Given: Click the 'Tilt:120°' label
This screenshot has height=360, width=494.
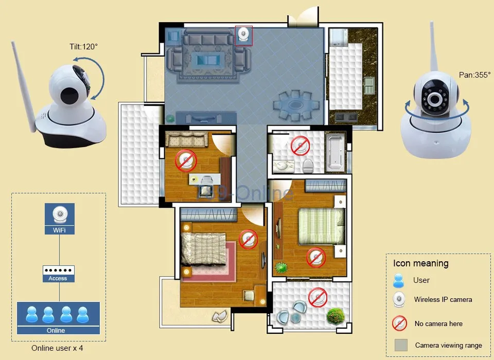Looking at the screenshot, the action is pyautogui.click(x=83, y=47).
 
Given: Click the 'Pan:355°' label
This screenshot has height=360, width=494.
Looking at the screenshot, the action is pyautogui.click(x=474, y=75).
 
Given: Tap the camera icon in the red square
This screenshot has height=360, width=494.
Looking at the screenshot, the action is pyautogui.click(x=244, y=35).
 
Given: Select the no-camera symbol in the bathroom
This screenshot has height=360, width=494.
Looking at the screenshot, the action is pyautogui.click(x=300, y=146).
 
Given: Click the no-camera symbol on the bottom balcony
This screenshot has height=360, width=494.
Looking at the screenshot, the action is pyautogui.click(x=317, y=297).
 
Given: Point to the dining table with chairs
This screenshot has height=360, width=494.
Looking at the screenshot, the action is pyautogui.click(x=295, y=105).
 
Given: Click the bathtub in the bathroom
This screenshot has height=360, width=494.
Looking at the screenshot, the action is pyautogui.click(x=335, y=153).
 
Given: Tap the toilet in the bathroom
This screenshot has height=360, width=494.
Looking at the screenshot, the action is pyautogui.click(x=308, y=166).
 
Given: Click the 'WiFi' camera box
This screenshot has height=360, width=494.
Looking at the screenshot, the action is pyautogui.click(x=60, y=219).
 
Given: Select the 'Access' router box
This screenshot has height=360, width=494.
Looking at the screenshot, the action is pyautogui.click(x=59, y=274).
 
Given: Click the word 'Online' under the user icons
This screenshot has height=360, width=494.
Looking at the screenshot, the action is pyautogui.click(x=56, y=330).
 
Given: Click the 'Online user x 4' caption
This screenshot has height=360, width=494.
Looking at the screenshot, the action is pyautogui.click(x=57, y=348).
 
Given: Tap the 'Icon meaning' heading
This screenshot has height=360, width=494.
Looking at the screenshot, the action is pyautogui.click(x=420, y=263).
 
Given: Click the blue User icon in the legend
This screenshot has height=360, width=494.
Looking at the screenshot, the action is pyautogui.click(x=398, y=281).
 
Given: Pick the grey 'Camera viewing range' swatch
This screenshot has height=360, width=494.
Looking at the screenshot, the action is pyautogui.click(x=401, y=345).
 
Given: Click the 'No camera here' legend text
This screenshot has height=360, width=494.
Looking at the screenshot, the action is pyautogui.click(x=438, y=323).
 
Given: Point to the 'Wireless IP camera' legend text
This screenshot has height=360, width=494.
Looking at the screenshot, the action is pyautogui.click(x=443, y=299).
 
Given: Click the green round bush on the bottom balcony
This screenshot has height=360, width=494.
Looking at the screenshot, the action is pyautogui.click(x=335, y=316).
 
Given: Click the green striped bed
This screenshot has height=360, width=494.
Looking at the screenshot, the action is pyautogui.click(x=321, y=226).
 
